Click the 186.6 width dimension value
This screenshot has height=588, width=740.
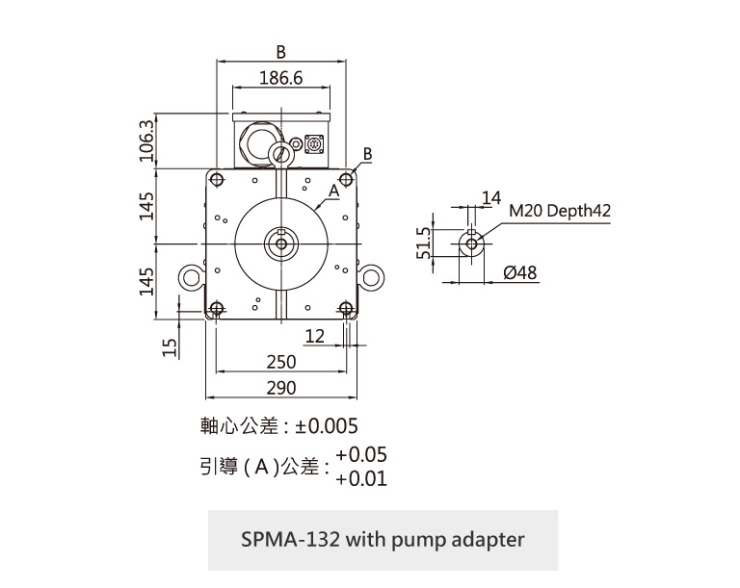[280, 78]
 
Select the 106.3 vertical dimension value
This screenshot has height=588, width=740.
[147, 141]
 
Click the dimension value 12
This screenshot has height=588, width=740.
[314, 336]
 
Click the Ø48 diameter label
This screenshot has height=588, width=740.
[520, 273]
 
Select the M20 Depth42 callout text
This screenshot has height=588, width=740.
[560, 211]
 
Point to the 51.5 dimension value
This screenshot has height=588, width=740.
[421, 244]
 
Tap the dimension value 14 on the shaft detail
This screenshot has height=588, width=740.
[491, 198]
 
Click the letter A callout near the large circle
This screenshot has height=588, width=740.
[332, 192]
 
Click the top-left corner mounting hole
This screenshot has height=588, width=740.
[216, 178]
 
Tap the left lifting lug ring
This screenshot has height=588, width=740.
[191, 279]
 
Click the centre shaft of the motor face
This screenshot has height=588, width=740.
[280, 243]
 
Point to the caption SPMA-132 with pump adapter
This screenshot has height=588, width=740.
[383, 539]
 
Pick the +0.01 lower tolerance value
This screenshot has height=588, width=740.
[361, 478]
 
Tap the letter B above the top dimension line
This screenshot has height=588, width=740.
[280, 51]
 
